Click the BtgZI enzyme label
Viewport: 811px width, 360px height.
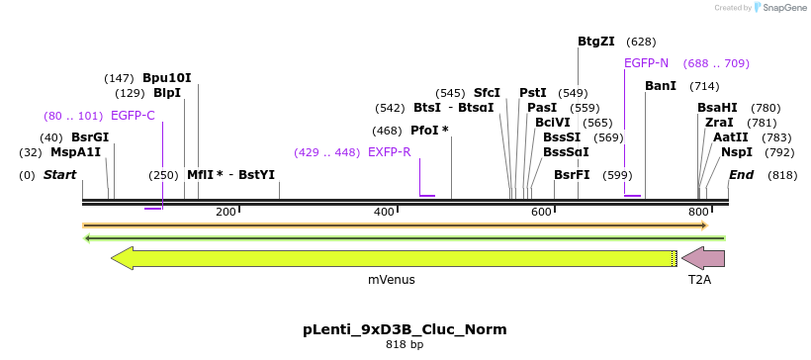click(595, 42)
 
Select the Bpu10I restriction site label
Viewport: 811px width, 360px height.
click(166, 77)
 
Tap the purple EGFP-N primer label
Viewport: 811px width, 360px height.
click(646, 63)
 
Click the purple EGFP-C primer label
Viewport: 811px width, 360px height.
click(133, 116)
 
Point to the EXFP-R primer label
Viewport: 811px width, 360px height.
click(389, 152)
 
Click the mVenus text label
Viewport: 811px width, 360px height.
click(392, 280)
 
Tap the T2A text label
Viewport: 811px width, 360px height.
click(699, 280)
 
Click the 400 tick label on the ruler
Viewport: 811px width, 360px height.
click(384, 213)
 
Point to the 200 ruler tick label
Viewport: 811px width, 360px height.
click(225, 213)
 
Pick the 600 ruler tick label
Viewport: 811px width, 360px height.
click(541, 213)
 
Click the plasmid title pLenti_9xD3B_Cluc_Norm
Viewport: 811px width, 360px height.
click(405, 329)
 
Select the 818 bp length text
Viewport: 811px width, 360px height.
click(405, 345)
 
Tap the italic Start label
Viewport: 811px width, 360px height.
click(59, 175)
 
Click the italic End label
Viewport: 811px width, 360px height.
click(741, 175)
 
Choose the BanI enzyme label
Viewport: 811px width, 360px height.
click(660, 86)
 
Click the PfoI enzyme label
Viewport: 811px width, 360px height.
click(429, 131)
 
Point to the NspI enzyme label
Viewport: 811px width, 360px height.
click(736, 152)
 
